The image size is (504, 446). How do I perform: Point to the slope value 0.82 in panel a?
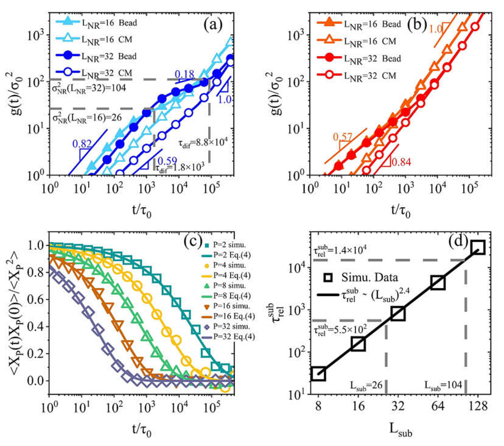[x=81, y=144]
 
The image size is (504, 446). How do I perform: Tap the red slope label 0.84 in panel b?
[x=400, y=162]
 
